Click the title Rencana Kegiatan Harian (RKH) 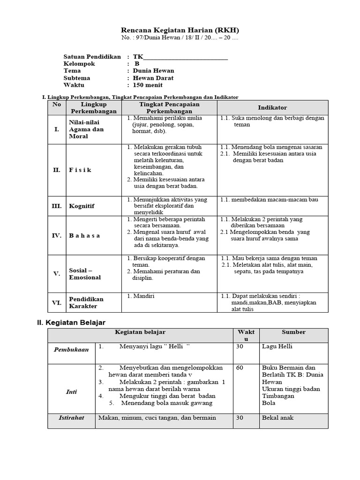[x=180, y=30]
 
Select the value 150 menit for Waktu [x=148, y=85]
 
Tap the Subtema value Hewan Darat [x=153, y=78]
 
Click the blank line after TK [x=186, y=57]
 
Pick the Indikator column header [x=272, y=108]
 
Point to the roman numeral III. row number [x=57, y=206]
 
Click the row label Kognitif [x=82, y=206]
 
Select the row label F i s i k [x=80, y=170]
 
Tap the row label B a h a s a [x=84, y=235]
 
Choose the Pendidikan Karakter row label [x=86, y=302]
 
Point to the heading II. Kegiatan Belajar [x=71, y=322]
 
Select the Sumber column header [x=293, y=332]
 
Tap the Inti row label [x=71, y=392]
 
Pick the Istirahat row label [x=71, y=417]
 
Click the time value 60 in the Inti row [x=240, y=368]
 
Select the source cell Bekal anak [x=278, y=418]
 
